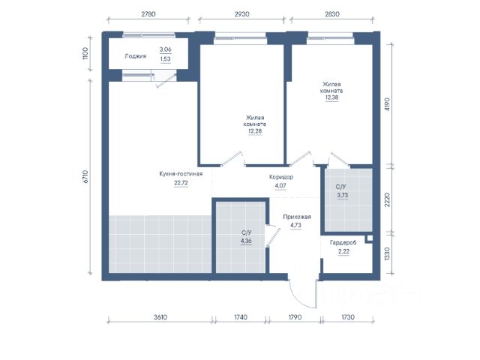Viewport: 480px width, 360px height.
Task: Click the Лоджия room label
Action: (135, 56)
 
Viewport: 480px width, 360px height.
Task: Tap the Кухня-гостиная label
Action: (181, 174)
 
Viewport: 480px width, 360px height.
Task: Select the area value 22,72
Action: (181, 183)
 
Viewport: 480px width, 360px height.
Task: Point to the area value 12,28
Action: (255, 131)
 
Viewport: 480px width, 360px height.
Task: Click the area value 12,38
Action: (331, 97)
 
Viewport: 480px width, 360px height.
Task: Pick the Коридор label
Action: (281, 177)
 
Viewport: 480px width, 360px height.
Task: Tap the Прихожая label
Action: (297, 217)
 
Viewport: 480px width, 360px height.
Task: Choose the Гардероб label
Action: (343, 243)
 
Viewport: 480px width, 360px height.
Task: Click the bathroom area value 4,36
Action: (246, 241)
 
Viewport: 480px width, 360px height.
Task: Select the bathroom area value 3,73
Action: (343, 195)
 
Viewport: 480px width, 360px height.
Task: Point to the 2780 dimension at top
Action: (148, 14)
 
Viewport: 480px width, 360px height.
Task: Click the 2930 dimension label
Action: (241, 14)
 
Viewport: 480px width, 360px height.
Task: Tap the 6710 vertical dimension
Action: (85, 177)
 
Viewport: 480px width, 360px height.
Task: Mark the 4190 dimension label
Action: (387, 104)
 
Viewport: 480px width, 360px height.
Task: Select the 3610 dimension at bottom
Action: (160, 317)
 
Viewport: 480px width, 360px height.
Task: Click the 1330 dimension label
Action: (387, 253)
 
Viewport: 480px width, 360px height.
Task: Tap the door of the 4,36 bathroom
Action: (273, 238)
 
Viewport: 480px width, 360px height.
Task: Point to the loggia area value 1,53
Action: (165, 59)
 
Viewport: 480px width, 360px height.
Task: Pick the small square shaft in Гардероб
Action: (370, 238)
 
